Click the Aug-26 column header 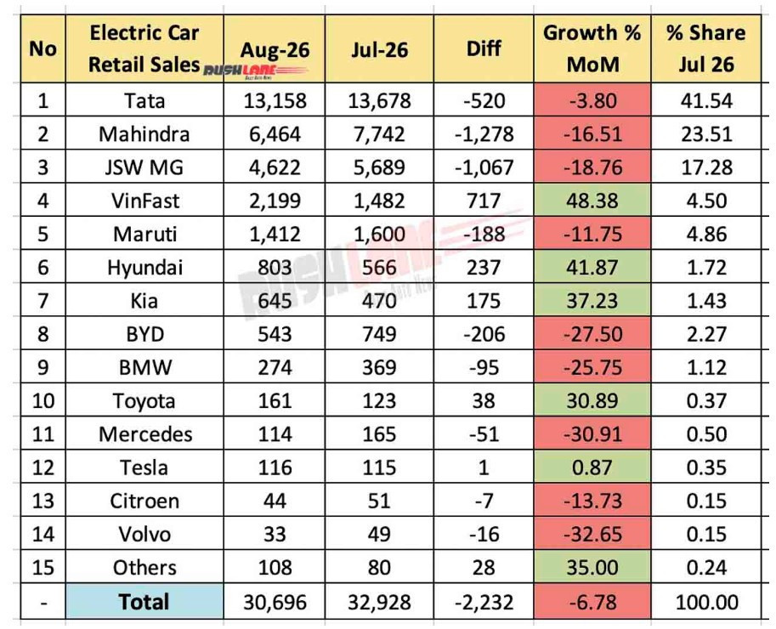pyautogui.click(x=275, y=49)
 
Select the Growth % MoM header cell pyautogui.click(x=592, y=48)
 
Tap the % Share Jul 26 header pyautogui.click(x=706, y=48)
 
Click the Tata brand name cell pyautogui.click(x=144, y=100)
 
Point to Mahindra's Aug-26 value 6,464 pyautogui.click(x=275, y=134)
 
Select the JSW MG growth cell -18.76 pyautogui.click(x=592, y=167)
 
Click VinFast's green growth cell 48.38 pyautogui.click(x=592, y=201)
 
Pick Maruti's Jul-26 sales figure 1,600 pyautogui.click(x=379, y=234)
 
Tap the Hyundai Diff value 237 pyautogui.click(x=484, y=267)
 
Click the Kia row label pyautogui.click(x=144, y=301)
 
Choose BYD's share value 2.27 pyautogui.click(x=706, y=334)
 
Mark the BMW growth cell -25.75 pyautogui.click(x=592, y=367)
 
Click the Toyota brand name pyautogui.click(x=144, y=401)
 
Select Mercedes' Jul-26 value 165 pyautogui.click(x=379, y=434)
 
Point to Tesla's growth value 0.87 pyautogui.click(x=592, y=467)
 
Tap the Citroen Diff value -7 pyautogui.click(x=484, y=501)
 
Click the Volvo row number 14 pyautogui.click(x=43, y=534)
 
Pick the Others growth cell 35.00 pyautogui.click(x=592, y=567)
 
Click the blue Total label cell pyautogui.click(x=144, y=602)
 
